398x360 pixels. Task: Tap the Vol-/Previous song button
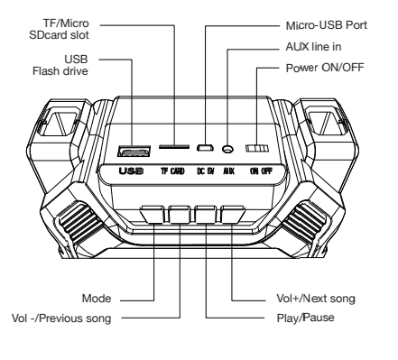click(180, 216)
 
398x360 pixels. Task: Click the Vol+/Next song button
click(232, 216)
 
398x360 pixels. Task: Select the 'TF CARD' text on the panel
click(173, 169)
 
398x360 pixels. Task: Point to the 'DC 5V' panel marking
click(205, 169)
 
